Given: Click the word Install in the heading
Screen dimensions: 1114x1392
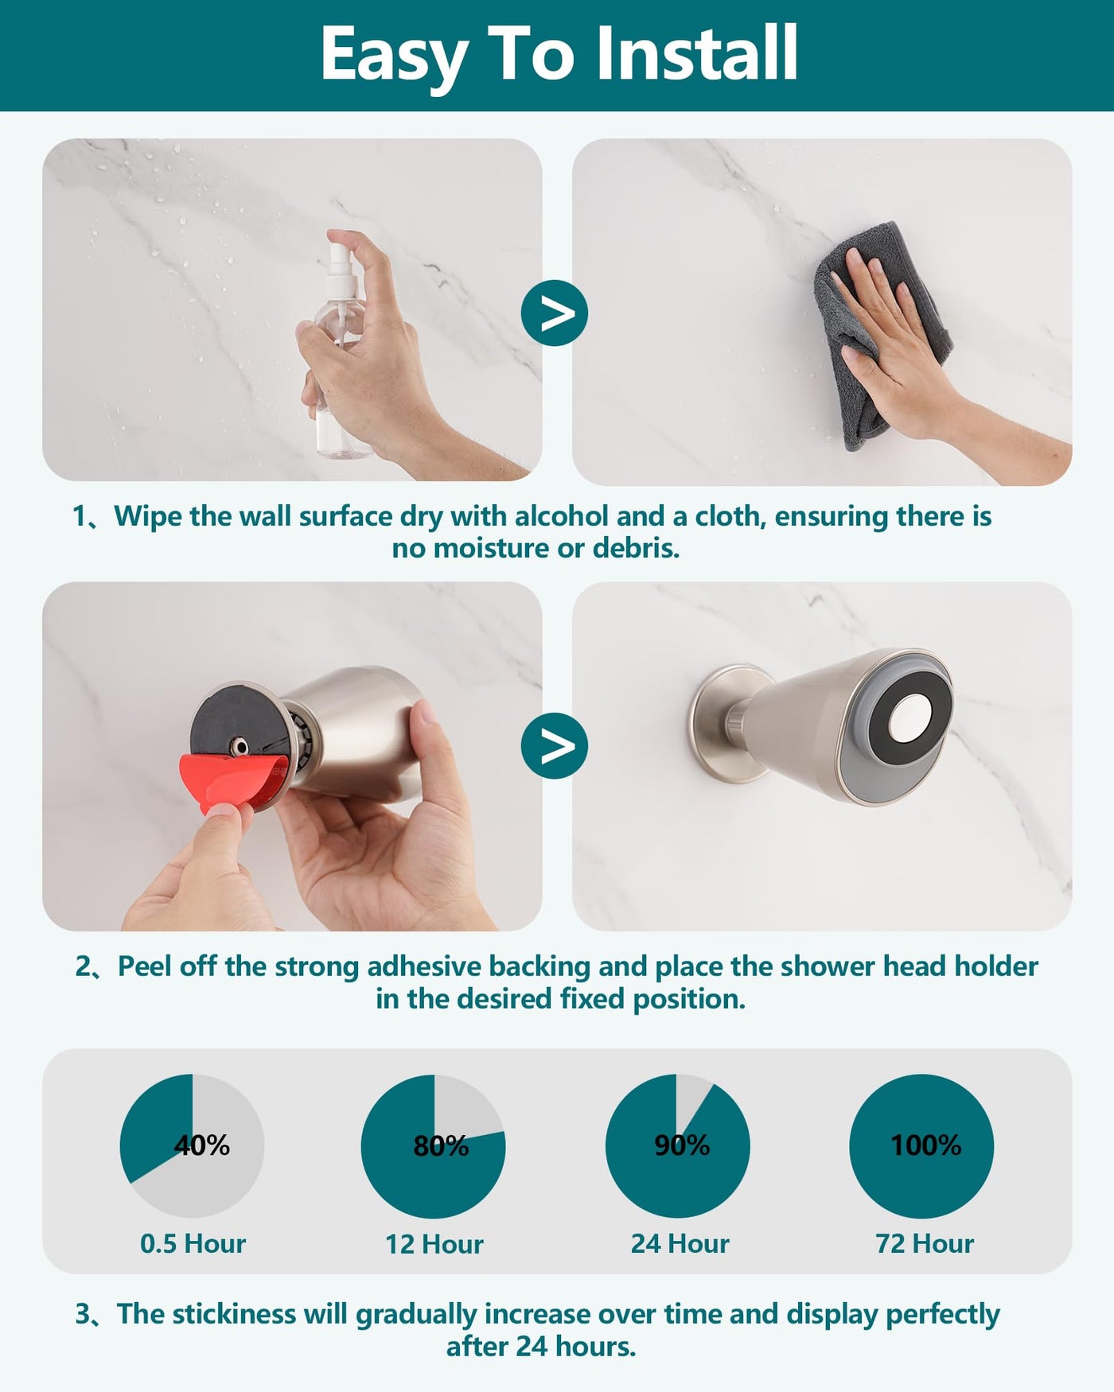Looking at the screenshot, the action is (x=697, y=53).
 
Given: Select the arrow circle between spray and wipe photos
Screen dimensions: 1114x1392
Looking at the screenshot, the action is (x=555, y=313).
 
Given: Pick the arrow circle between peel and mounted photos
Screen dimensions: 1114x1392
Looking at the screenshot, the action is (x=555, y=745).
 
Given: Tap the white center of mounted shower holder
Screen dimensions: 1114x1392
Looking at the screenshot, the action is (x=908, y=725).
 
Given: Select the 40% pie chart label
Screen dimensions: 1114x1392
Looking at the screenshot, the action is (x=202, y=1145).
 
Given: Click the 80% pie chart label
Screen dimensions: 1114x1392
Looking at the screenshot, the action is (x=441, y=1145).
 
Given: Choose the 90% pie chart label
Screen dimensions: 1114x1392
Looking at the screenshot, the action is (x=682, y=1145).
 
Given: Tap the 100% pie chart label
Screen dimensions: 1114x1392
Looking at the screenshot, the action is (x=925, y=1145).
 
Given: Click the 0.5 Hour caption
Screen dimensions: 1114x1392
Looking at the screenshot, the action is (x=193, y=1243).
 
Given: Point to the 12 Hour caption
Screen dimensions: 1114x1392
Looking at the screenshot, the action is (x=434, y=1244).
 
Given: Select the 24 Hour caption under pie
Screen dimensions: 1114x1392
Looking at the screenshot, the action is (x=680, y=1243).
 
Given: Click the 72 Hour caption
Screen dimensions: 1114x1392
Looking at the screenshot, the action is (x=925, y=1243).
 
